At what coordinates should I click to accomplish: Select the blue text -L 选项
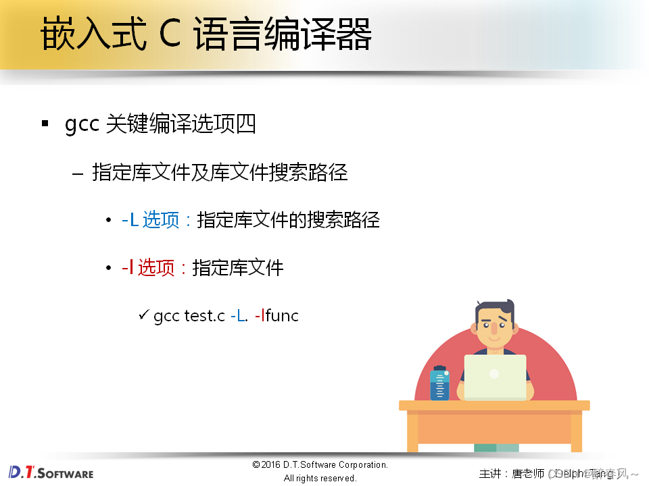point(150,220)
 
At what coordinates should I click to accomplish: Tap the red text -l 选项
point(148,268)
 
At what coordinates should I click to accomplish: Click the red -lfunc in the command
point(277,315)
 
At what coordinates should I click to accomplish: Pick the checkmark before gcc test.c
point(143,315)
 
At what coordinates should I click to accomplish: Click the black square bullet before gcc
point(45,124)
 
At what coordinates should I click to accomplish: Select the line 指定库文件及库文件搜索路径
point(220,173)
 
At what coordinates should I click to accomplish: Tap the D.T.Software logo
point(51,472)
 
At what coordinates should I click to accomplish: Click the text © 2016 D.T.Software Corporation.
point(320,464)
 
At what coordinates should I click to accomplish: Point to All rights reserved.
point(320,478)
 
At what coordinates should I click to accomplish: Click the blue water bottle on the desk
point(439,383)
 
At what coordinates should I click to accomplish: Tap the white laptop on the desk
point(495,377)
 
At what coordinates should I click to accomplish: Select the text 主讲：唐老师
point(511,473)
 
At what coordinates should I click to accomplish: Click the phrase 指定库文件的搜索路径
point(288,220)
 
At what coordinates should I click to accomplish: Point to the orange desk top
point(494,406)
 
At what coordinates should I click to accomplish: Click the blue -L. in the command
point(239,315)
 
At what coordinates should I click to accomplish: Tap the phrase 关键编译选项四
point(181,125)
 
